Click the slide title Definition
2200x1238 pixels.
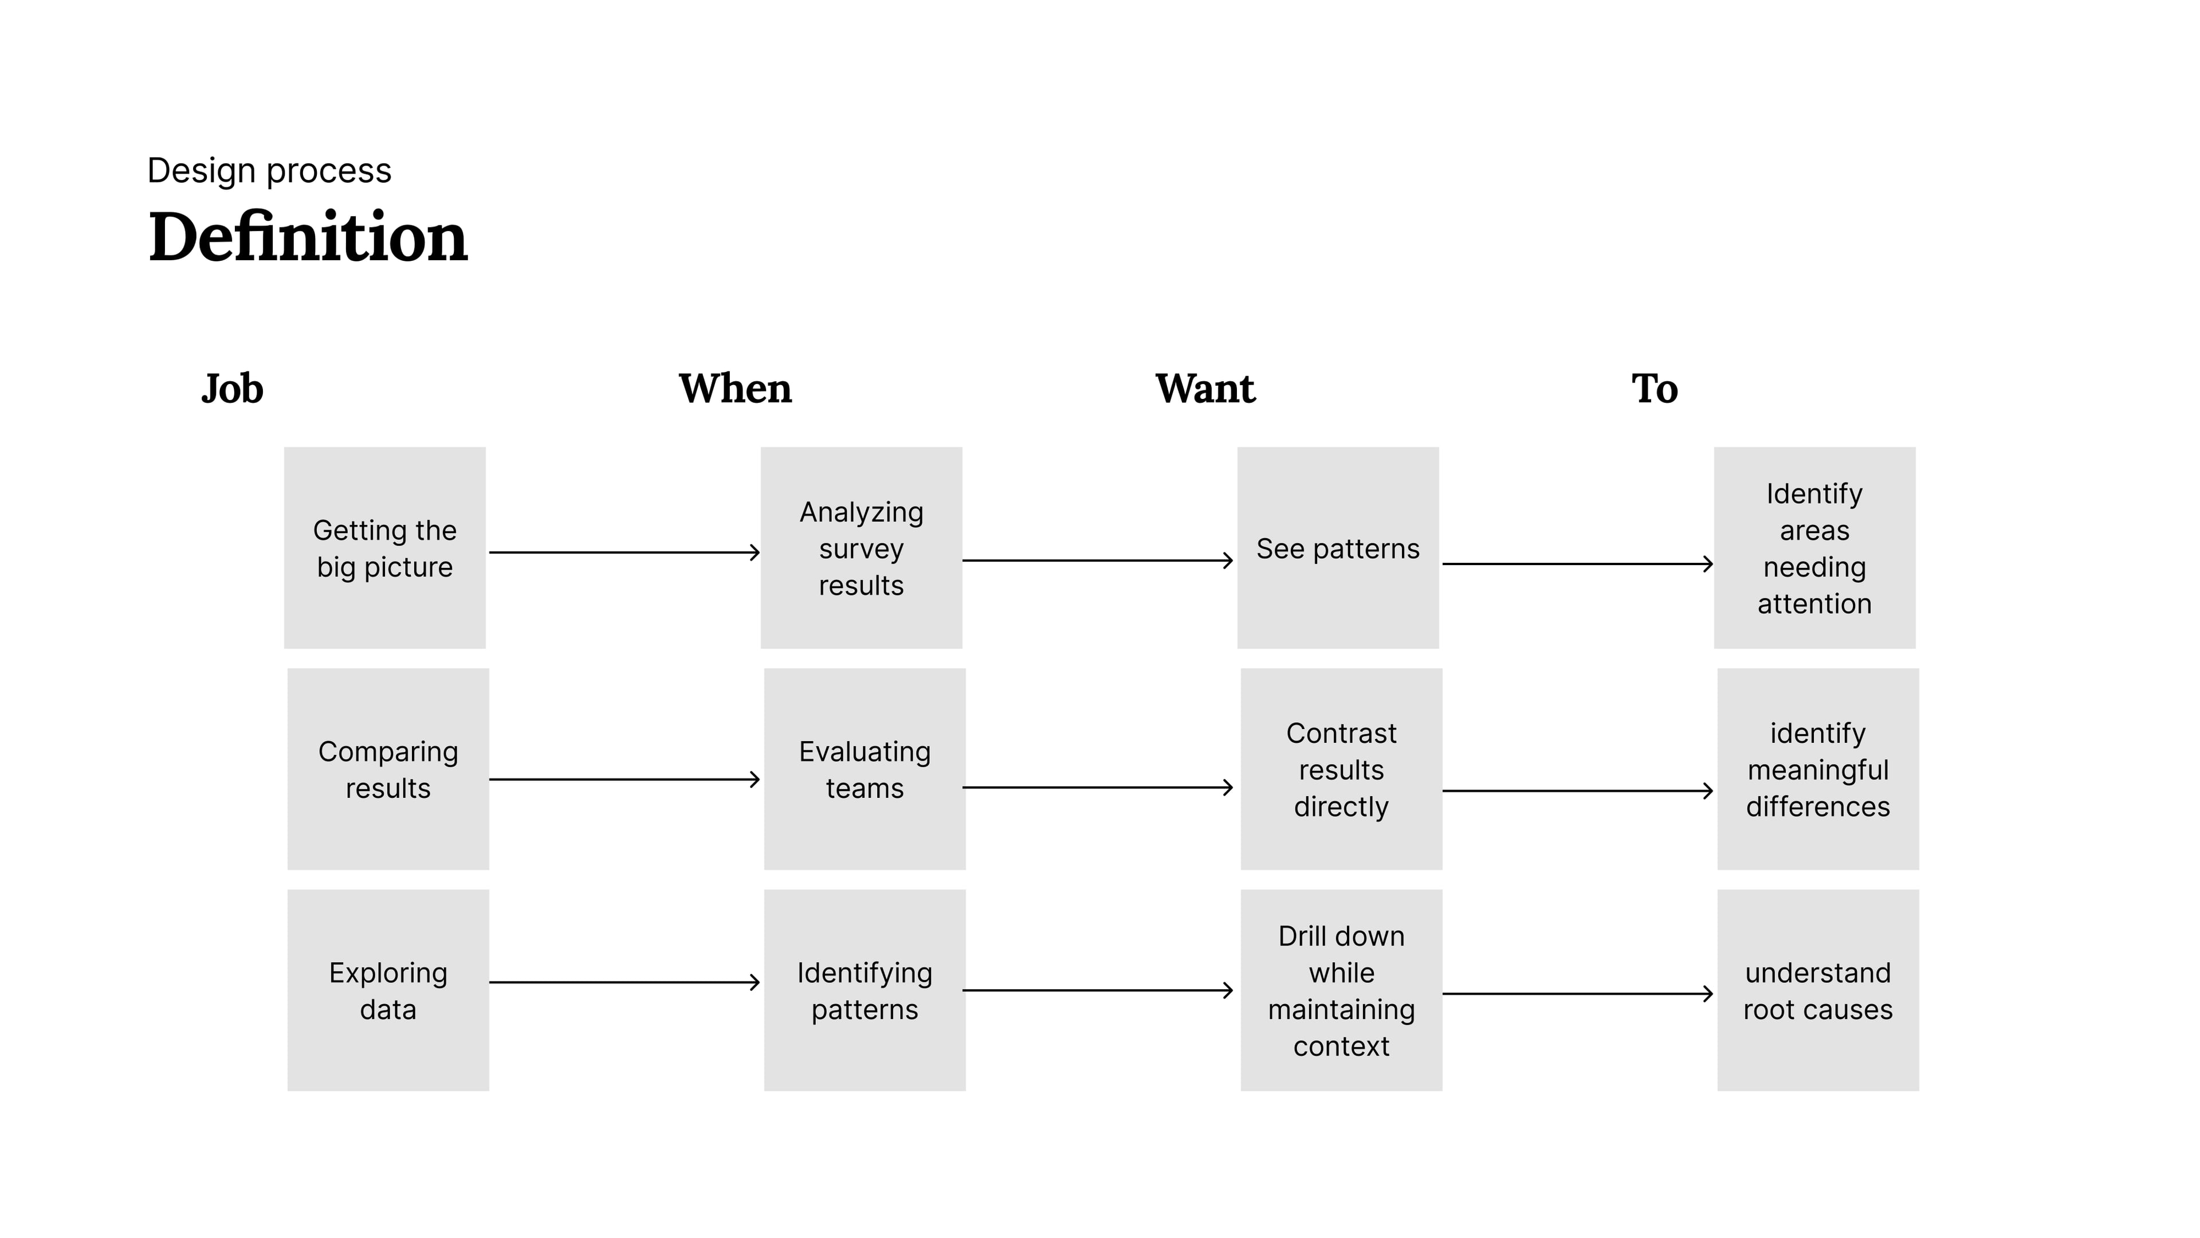click(308, 237)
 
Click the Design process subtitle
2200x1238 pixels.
click(269, 171)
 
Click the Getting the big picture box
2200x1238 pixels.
click(384, 548)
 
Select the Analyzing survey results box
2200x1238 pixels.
click(861, 548)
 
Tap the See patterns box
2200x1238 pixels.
click(1337, 548)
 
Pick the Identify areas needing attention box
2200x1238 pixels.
click(1814, 548)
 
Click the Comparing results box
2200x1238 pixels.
click(388, 769)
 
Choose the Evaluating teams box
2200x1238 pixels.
click(865, 769)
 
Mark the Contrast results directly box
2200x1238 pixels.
click(1341, 769)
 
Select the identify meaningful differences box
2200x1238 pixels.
click(1817, 769)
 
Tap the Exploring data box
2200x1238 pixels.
click(388, 990)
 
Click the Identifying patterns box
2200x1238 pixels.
click(865, 990)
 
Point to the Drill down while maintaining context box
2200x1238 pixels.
click(1341, 990)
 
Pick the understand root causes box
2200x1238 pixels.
click(1817, 990)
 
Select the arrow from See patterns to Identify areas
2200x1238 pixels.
click(1577, 564)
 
